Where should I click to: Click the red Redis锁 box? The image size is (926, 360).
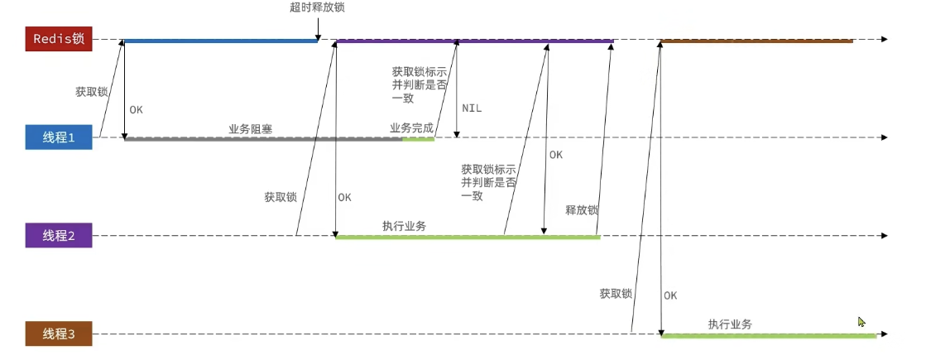click(58, 39)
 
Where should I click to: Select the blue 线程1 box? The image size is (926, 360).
click(58, 137)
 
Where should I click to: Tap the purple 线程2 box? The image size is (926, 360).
click(58, 236)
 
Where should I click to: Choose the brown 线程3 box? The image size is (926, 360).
click(58, 334)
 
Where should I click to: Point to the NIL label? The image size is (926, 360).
click(473, 108)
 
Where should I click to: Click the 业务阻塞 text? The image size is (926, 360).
click(251, 129)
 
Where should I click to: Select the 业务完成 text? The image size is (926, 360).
click(411, 128)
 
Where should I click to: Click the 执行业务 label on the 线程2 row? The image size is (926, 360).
click(405, 225)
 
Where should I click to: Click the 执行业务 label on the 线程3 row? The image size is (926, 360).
click(730, 324)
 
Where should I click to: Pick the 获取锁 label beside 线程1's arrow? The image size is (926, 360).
click(92, 91)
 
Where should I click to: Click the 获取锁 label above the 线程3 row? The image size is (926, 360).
click(616, 294)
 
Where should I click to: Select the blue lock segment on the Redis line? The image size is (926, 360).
click(220, 40)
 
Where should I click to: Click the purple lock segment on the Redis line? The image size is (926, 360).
click(474, 40)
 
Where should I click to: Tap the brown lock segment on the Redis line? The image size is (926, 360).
click(756, 40)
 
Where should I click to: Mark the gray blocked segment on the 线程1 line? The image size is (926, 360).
click(263, 139)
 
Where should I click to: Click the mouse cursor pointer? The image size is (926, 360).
click(861, 322)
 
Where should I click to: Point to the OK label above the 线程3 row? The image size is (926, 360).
click(670, 295)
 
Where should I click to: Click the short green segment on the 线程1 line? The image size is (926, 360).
click(418, 139)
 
